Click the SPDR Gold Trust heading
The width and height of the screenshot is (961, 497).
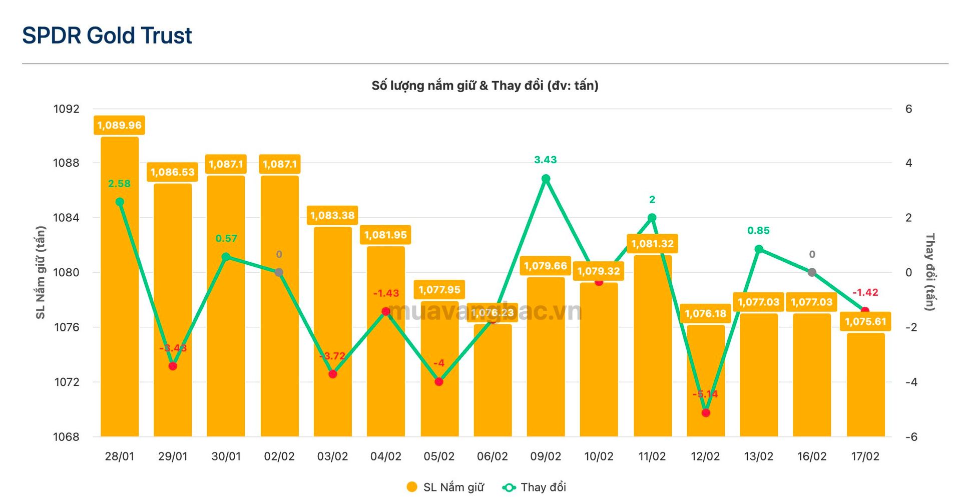(107, 36)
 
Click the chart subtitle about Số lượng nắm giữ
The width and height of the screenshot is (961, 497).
(485, 86)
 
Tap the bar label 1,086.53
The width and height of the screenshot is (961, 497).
(172, 172)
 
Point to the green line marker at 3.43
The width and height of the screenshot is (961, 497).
(546, 179)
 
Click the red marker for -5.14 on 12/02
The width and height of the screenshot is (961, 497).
(706, 413)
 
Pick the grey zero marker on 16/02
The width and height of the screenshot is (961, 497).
(812, 272)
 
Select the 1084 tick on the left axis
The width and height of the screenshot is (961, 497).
(66, 218)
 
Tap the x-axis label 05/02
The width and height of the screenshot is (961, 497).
(439, 456)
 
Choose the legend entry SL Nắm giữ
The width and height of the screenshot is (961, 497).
(445, 487)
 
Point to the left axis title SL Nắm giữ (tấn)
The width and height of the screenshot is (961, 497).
(41, 272)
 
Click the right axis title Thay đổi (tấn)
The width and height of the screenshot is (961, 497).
(929, 272)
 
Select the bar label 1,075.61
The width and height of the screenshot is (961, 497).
(865, 322)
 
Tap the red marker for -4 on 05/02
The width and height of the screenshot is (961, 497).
(439, 382)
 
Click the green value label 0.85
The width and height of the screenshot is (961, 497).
(758, 231)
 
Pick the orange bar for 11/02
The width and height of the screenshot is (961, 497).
(652, 350)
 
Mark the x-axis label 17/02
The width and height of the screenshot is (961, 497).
(865, 456)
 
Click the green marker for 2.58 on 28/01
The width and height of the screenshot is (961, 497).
(120, 202)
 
